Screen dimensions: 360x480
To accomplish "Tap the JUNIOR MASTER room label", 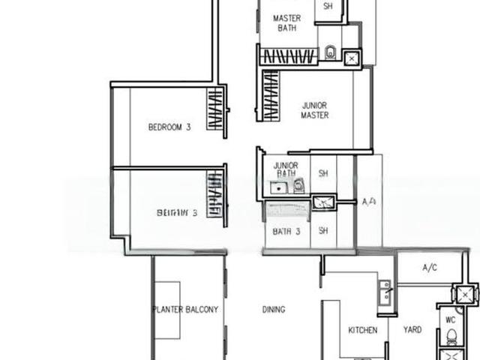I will point(315,110).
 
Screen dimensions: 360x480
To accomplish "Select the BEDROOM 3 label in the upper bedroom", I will point(169,127).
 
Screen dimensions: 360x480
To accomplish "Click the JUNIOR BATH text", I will point(286,169).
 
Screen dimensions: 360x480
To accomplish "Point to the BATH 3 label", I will point(286,232).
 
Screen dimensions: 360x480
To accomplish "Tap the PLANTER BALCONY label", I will point(185,309).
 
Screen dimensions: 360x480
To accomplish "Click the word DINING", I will point(273,309).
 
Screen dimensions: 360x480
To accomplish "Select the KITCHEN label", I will point(363,330).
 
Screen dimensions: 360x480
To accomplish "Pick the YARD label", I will point(412,330).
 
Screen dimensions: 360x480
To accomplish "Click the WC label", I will point(451,319).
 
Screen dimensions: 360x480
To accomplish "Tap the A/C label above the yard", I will point(430,267).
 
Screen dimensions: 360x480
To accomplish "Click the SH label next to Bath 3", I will point(323,231).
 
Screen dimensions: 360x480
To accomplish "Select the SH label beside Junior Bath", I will point(323,173).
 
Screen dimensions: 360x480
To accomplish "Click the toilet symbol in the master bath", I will point(330,52).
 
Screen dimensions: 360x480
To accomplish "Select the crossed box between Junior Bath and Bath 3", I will point(324,200).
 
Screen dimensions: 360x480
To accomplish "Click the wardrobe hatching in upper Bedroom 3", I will point(215,110).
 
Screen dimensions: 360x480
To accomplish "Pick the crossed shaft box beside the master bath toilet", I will point(352,58).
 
